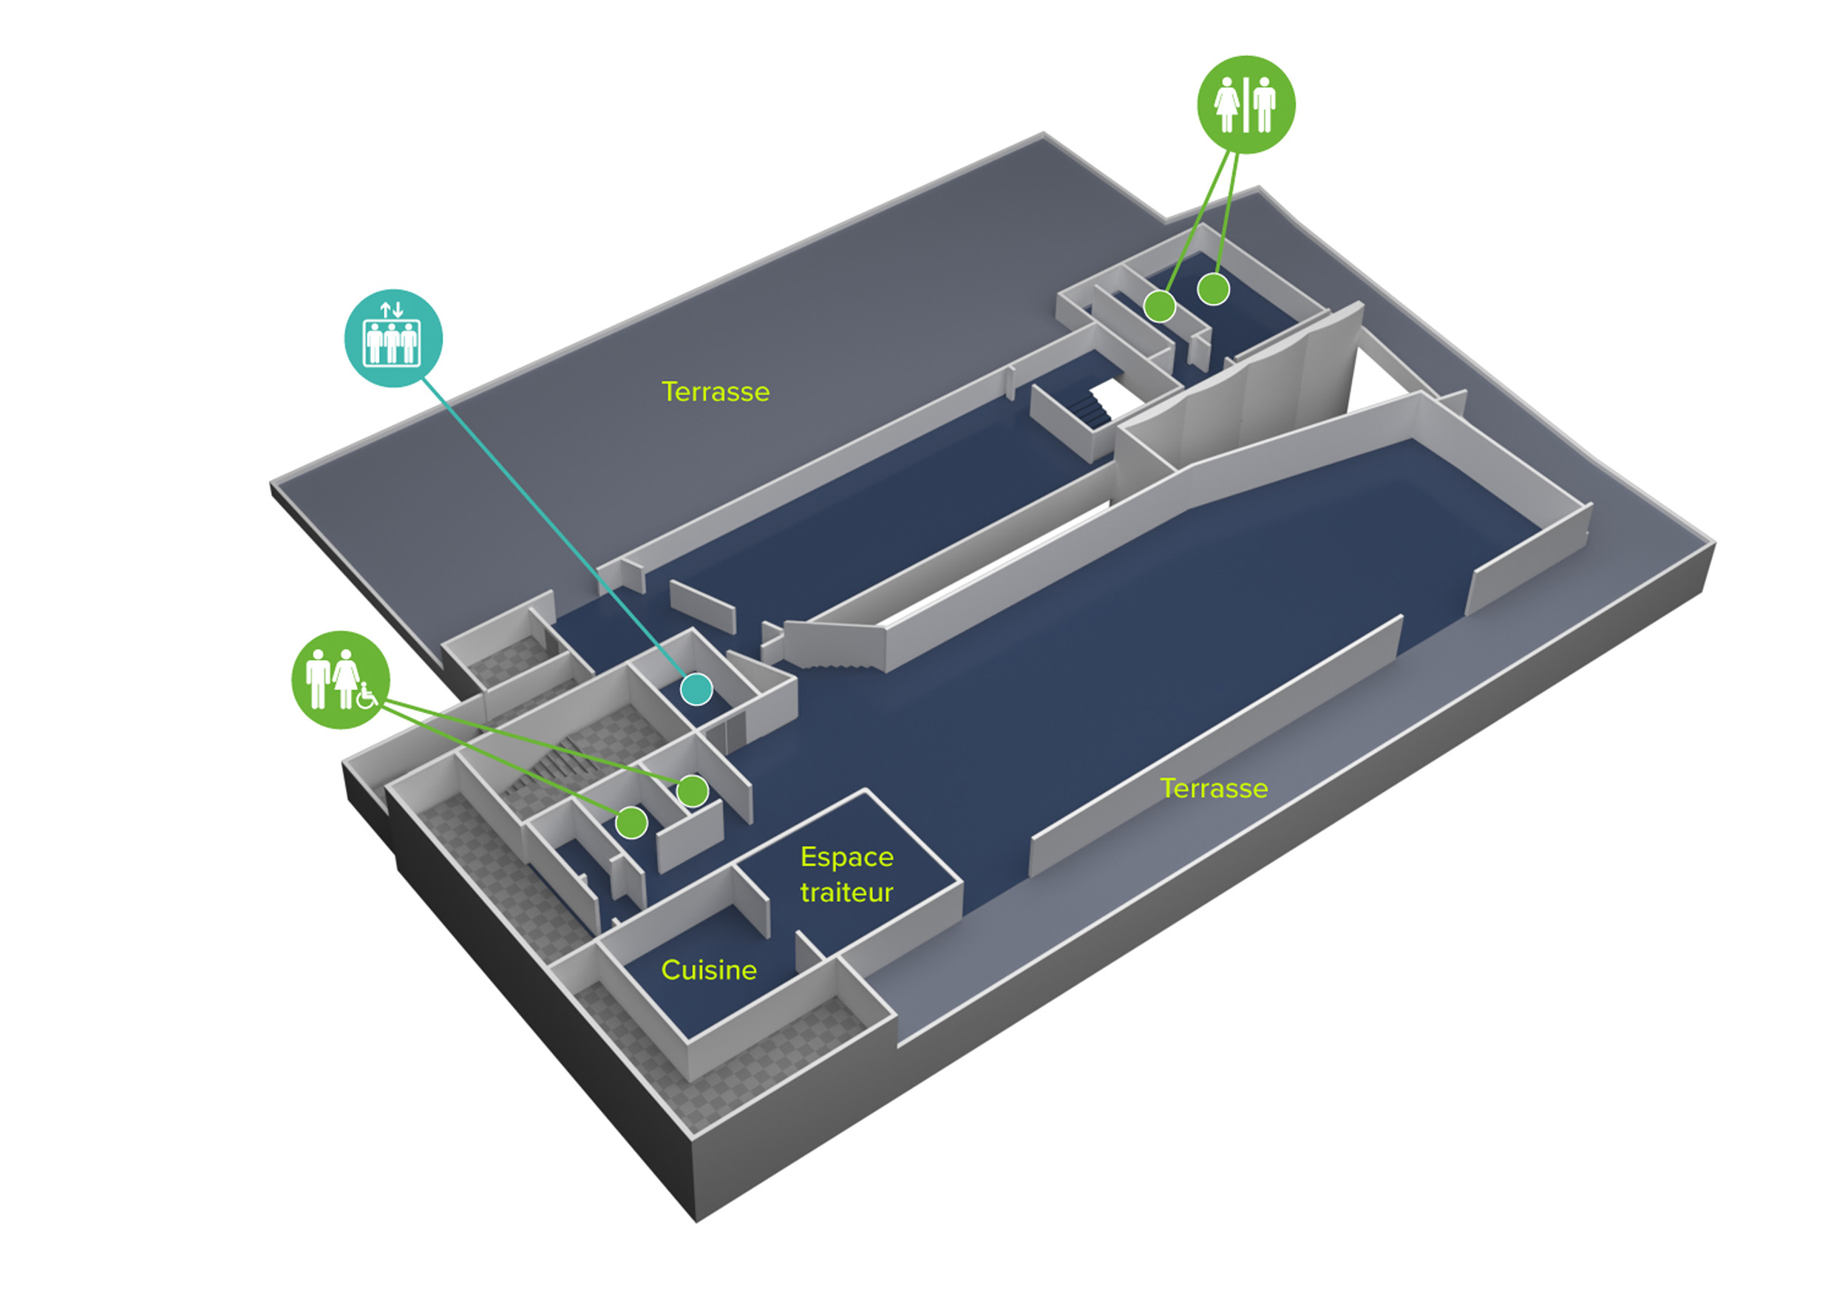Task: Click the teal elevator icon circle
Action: [x=393, y=338]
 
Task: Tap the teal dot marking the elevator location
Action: [x=696, y=689]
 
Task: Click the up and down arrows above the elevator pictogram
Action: [x=392, y=309]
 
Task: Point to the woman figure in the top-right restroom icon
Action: [x=1227, y=105]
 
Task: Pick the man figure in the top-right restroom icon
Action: [x=1265, y=105]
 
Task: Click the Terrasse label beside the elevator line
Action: [x=716, y=392]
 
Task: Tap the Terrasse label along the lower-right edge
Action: [x=1214, y=788]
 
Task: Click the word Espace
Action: [x=846, y=857]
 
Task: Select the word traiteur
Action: [x=846, y=892]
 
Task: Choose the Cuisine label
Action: [x=708, y=970]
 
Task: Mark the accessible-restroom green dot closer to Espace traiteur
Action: [x=692, y=790]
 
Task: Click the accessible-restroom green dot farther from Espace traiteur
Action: [x=632, y=821]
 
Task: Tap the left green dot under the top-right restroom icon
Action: [x=1160, y=306]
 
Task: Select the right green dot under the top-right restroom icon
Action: [x=1213, y=289]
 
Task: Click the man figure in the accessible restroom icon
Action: [x=317, y=679]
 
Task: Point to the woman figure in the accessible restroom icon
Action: [x=346, y=679]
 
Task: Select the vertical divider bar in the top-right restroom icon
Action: [x=1246, y=105]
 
